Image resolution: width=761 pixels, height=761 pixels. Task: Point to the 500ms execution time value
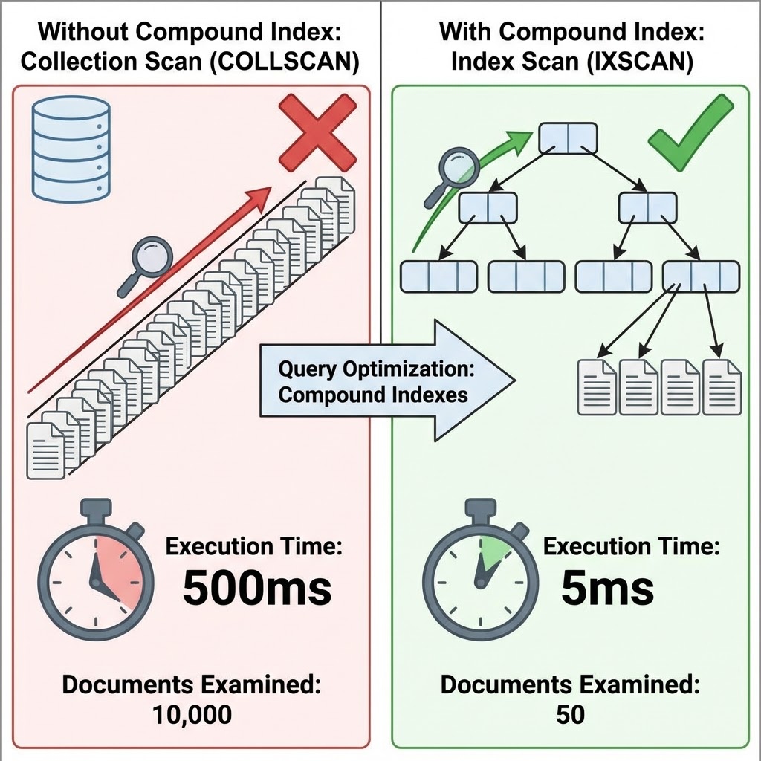tap(256, 589)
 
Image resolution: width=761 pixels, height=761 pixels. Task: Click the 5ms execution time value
tap(607, 589)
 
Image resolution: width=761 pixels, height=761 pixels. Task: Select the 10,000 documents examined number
tap(192, 715)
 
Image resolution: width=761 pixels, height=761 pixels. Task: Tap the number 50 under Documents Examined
tap(570, 715)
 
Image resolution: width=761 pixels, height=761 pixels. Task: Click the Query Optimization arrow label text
tap(375, 381)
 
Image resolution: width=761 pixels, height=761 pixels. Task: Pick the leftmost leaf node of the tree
tap(438, 276)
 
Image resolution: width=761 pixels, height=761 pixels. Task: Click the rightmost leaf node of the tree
tap(701, 276)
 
